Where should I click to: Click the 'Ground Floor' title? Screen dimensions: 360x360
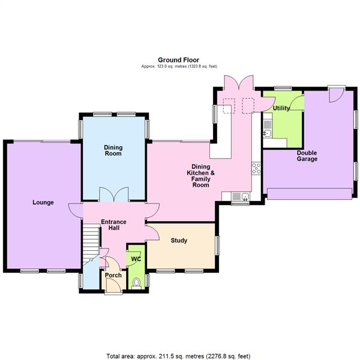click(179, 59)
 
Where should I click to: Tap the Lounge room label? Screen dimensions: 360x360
click(43, 202)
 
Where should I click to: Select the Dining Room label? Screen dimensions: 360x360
click(113, 150)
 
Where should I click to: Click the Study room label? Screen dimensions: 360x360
click(179, 241)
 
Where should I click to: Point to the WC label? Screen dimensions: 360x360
click(136, 259)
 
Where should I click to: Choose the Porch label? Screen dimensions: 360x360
click(113, 276)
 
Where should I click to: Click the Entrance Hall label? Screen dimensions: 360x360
click(113, 226)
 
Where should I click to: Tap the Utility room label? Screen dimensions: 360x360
click(281, 109)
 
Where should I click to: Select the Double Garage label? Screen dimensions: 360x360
click(307, 155)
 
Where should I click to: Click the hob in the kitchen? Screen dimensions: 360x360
click(257, 168)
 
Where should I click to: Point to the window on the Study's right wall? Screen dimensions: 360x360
click(217, 245)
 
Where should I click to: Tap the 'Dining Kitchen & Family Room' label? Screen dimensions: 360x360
click(200, 175)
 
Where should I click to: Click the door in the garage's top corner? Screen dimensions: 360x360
click(338, 94)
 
